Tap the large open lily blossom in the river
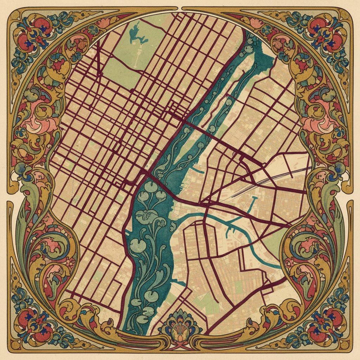tap(144, 215)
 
